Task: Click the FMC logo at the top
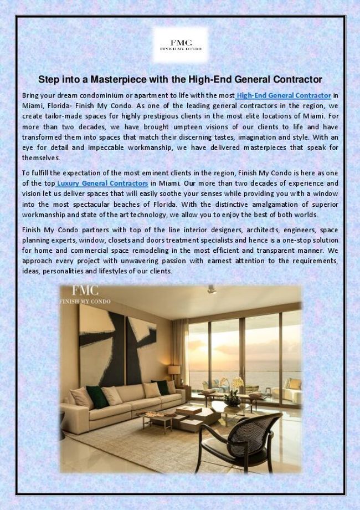point(180,44)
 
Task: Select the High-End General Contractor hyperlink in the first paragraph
point(284,95)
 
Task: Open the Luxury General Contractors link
point(102,183)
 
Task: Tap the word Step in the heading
point(49,79)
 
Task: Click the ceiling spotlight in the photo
point(211,289)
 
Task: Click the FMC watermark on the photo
point(84,294)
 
